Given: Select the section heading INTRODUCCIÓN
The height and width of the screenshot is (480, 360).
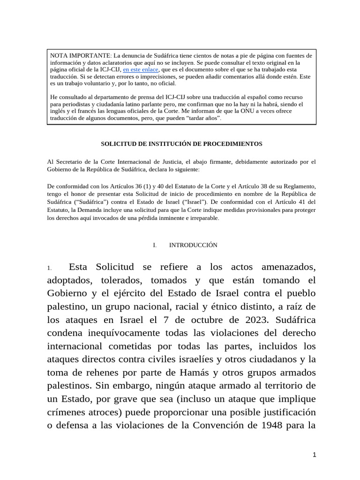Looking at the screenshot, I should (193, 245).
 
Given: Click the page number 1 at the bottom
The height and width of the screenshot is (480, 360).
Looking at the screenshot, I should (315, 455).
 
